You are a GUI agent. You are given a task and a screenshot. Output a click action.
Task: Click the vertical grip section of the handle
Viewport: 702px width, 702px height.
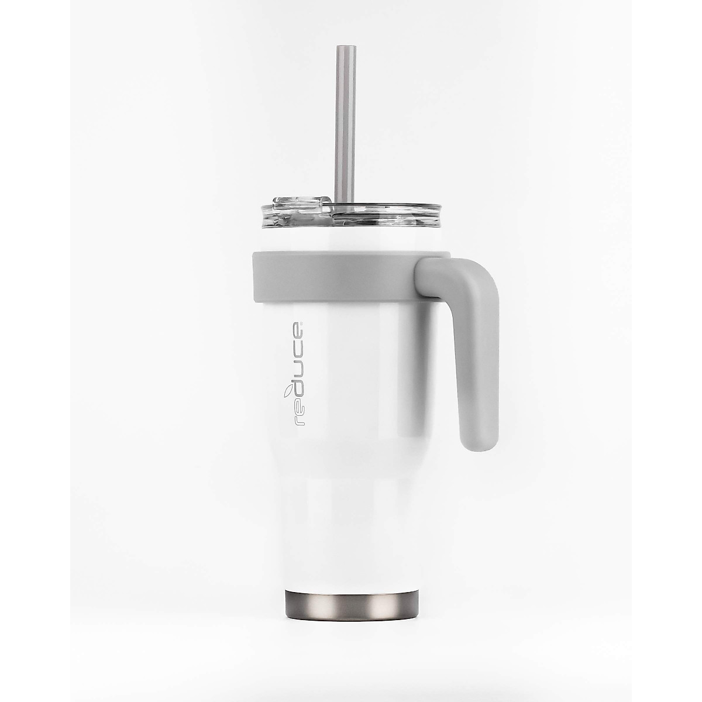[477, 364]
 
